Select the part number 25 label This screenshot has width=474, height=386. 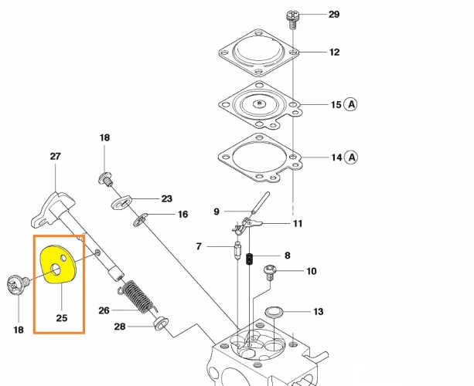pyautogui.click(x=61, y=317)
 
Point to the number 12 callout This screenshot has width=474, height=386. pyautogui.click(x=334, y=52)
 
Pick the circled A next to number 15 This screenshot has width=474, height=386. pyautogui.click(x=350, y=104)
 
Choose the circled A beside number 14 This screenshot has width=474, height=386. pyautogui.click(x=350, y=157)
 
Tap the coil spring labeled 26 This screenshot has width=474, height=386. pyautogui.click(x=138, y=296)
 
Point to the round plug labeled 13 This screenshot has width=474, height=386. pyautogui.click(x=275, y=312)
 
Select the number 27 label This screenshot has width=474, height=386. pyautogui.click(x=55, y=156)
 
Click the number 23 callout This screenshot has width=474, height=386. pyautogui.click(x=166, y=198)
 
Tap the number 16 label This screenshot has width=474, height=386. pyautogui.click(x=182, y=215)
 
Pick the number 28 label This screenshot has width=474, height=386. pyautogui.click(x=120, y=327)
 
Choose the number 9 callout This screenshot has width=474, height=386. pyautogui.click(x=217, y=211)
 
